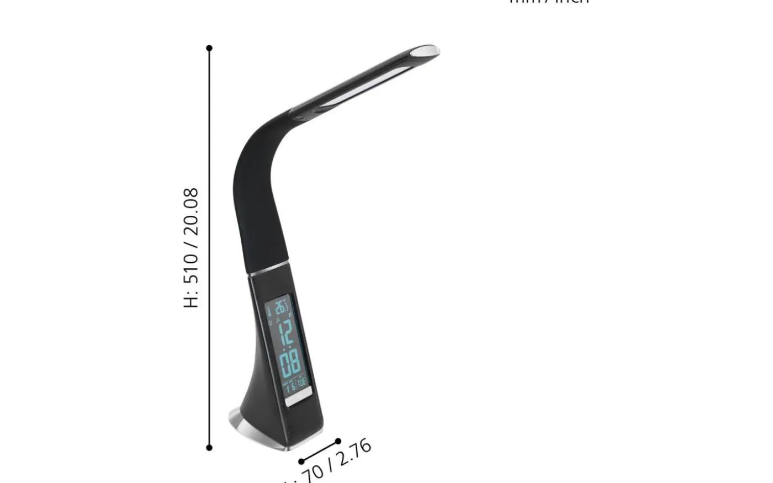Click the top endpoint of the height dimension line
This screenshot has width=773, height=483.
209,49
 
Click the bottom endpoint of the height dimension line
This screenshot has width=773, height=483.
209,448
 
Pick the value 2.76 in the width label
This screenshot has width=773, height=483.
354,454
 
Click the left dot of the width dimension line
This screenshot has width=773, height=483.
301,461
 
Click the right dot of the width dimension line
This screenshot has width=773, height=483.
338,441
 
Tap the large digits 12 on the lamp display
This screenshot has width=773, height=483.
287,332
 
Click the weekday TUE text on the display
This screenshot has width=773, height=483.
302,382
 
